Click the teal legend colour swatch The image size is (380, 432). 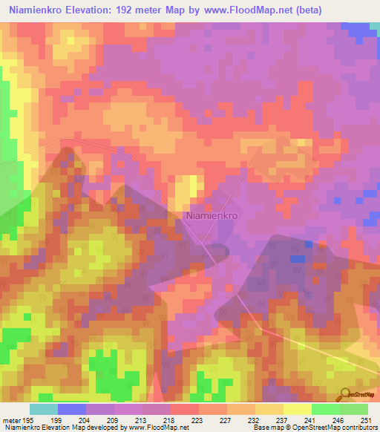[43, 409]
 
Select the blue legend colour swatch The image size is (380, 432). [71, 409]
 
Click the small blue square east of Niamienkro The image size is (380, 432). [297, 258]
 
